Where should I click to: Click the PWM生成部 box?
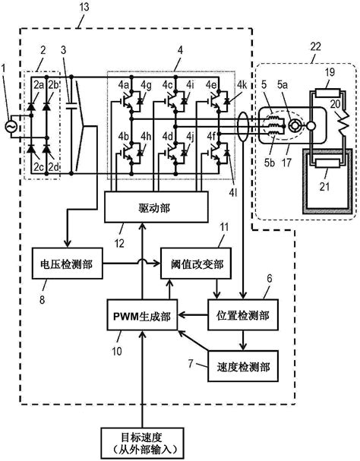pyautogui.click(x=142, y=320)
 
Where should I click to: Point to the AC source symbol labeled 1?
pyautogui.click(x=11, y=126)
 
